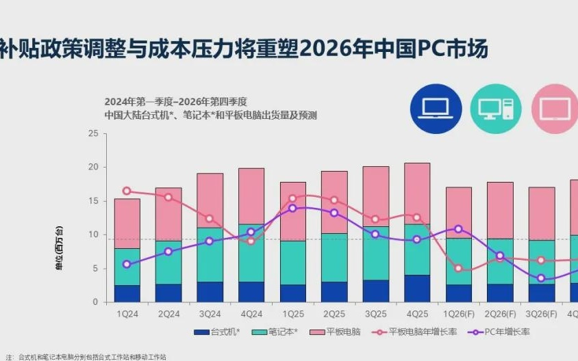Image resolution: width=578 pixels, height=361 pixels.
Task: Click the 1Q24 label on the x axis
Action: click(127, 314)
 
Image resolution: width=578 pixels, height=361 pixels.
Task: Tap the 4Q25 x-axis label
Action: click(417, 314)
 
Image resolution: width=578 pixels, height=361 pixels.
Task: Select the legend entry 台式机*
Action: click(218, 332)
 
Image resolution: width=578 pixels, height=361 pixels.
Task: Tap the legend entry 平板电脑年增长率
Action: click(418, 332)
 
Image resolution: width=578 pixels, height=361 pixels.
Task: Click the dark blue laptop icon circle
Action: click(436, 108)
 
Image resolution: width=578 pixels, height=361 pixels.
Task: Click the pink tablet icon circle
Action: click(555, 108)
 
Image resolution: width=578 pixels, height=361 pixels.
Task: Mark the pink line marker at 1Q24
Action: click(127, 191)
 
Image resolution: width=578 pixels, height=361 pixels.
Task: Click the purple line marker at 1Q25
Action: click(292, 208)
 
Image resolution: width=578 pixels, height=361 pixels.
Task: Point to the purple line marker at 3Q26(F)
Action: click(541, 278)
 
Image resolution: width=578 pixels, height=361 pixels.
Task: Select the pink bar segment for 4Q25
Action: click(417, 193)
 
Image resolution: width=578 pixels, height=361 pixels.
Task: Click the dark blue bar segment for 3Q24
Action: click(210, 292)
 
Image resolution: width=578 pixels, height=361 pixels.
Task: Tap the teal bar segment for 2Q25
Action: click(334, 257)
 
